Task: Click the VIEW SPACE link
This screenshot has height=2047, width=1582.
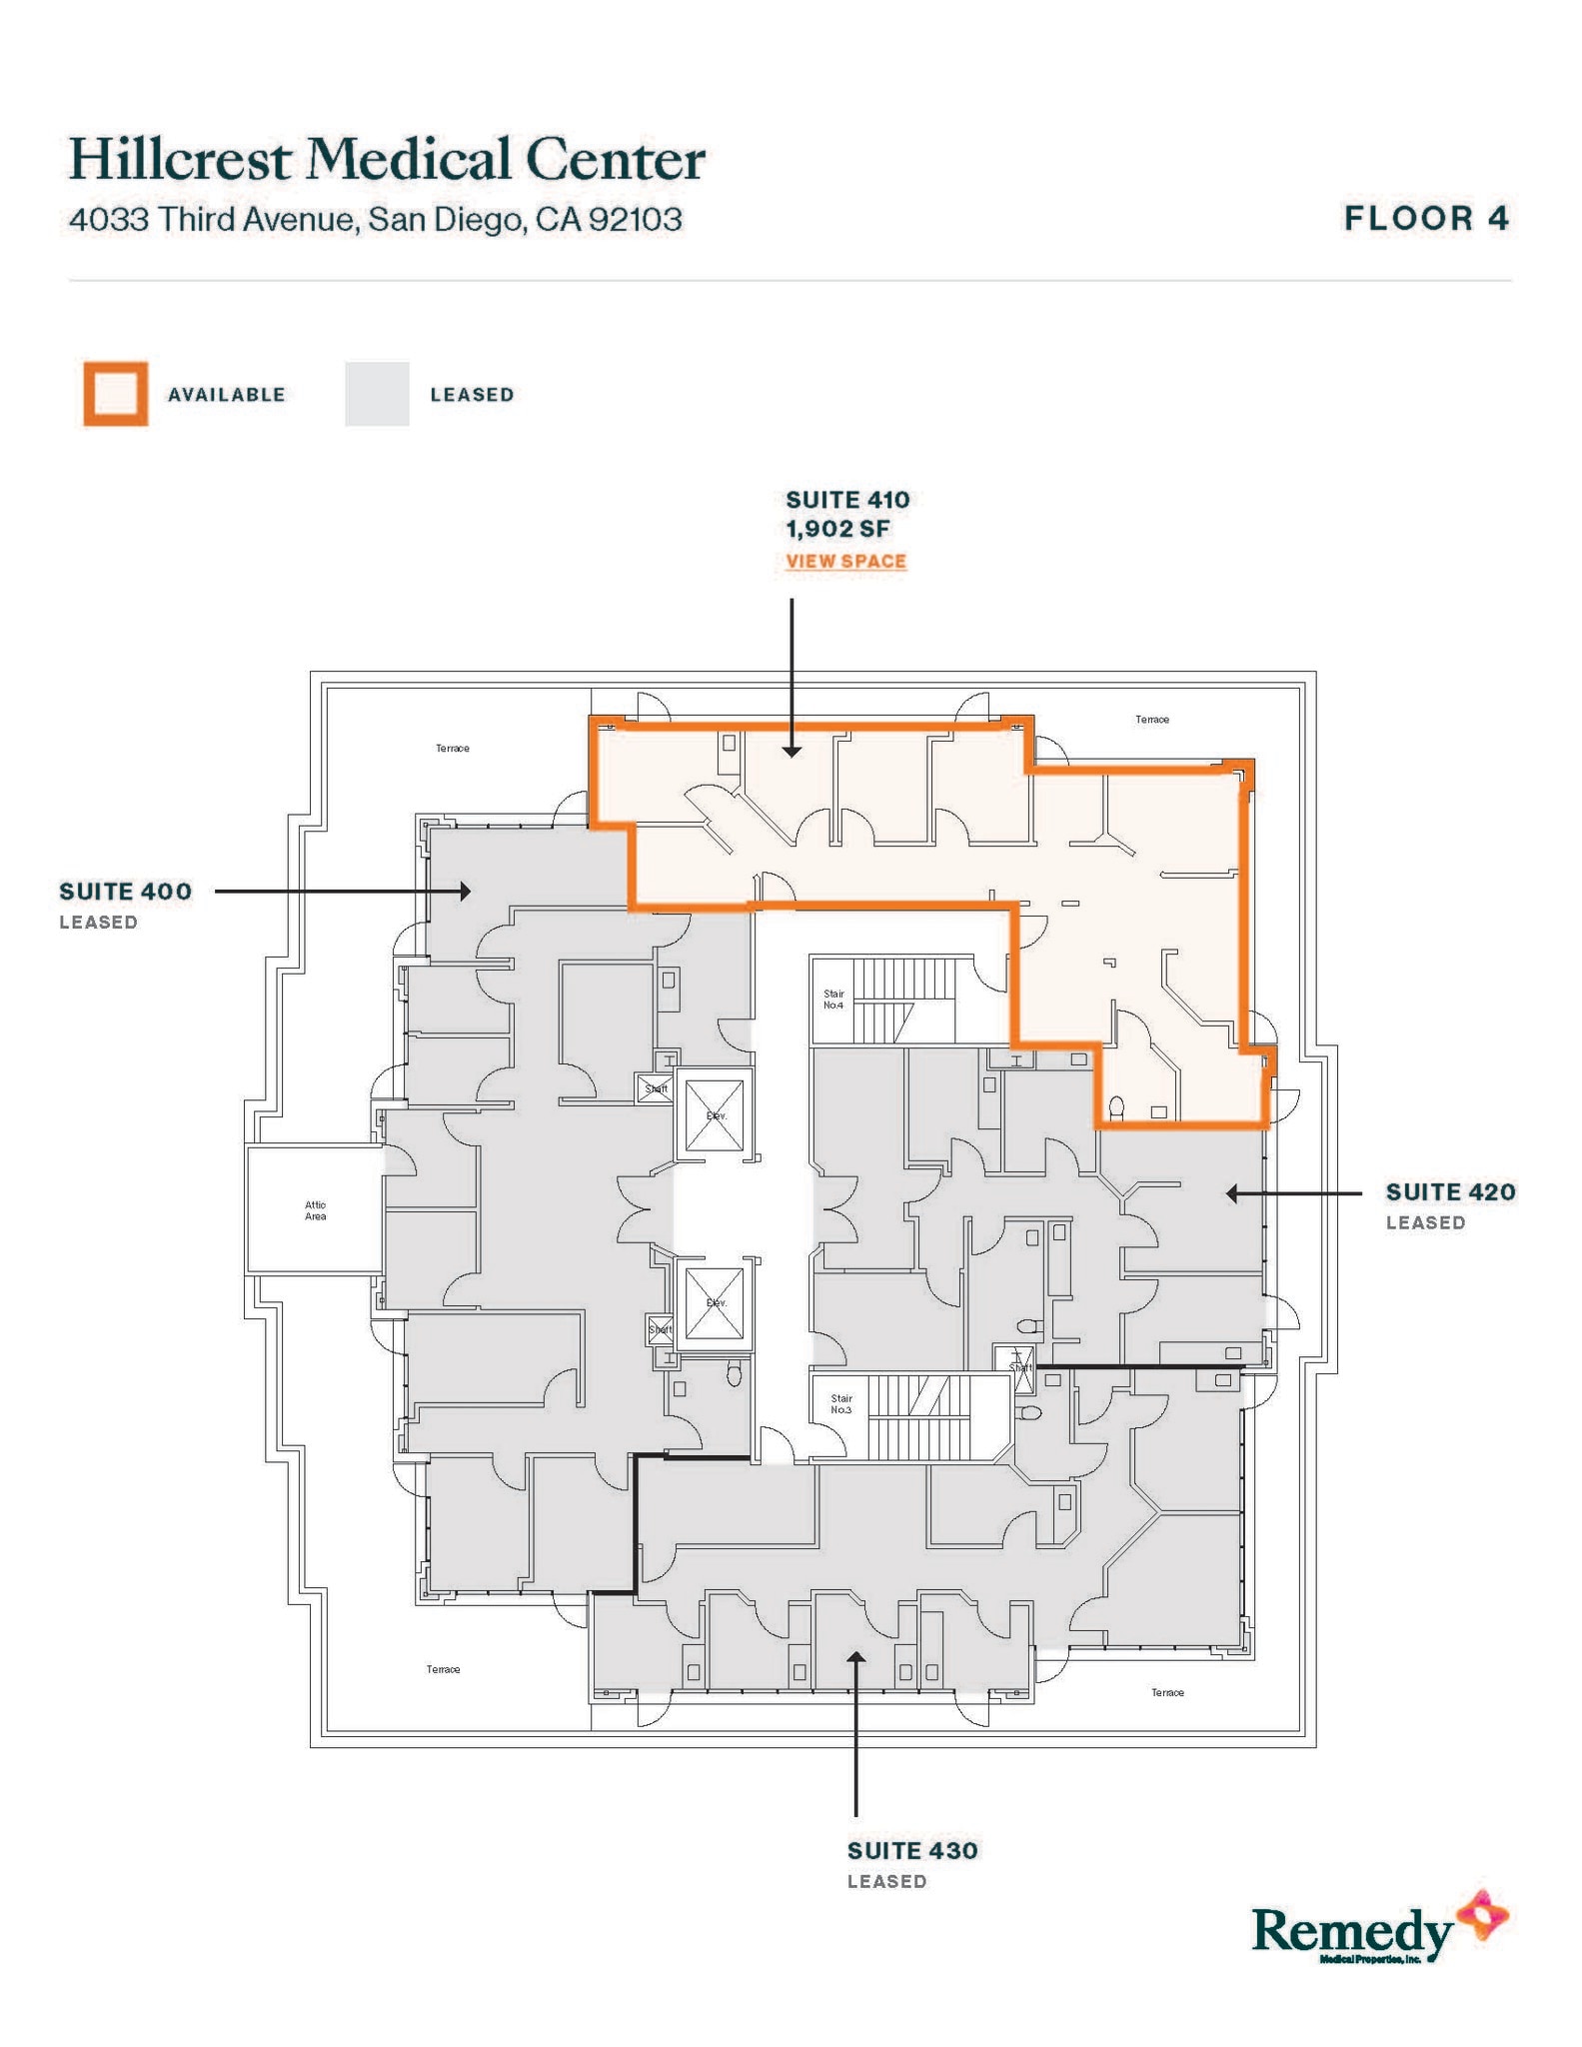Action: pos(845,561)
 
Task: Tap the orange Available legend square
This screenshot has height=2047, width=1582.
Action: pos(116,394)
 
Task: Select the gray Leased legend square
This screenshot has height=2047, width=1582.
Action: pos(377,394)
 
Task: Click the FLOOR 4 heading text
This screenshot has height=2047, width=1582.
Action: pos(1425,218)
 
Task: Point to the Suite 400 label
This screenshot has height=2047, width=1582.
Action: pos(125,891)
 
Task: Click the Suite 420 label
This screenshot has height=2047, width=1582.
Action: pos(1449,1191)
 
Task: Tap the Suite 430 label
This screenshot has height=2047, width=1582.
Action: pos(911,1850)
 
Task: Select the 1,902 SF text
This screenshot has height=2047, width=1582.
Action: pos(837,529)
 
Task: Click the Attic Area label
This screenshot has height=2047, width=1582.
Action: pos(315,1210)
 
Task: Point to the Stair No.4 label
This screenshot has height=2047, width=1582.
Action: pos(833,1000)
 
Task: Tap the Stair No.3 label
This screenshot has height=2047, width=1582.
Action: pos(840,1403)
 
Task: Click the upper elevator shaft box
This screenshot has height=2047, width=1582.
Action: pos(715,1115)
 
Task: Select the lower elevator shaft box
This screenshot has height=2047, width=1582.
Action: pos(715,1303)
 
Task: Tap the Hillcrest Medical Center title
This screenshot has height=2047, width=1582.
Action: pos(387,160)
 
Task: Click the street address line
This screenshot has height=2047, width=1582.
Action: pos(375,219)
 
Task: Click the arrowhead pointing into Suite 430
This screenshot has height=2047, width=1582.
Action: pos(855,1656)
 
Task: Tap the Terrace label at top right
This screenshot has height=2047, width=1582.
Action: pos(1151,720)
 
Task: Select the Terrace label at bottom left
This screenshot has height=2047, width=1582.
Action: pos(443,1669)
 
